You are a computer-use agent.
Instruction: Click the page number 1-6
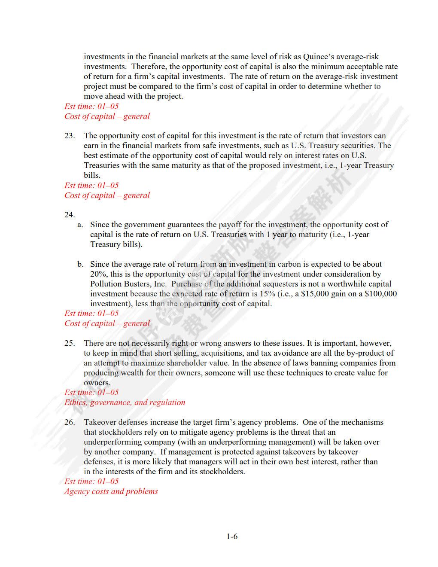[232, 536]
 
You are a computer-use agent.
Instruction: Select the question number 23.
[70, 136]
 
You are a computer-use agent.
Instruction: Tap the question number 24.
[70, 215]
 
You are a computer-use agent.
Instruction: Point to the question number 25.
[70, 343]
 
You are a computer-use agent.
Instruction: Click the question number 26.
[70, 422]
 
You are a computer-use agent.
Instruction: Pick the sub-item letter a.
[80, 225]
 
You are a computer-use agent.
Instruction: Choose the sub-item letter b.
[80, 264]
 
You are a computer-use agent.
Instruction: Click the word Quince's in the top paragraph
[319, 57]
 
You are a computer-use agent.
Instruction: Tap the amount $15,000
[316, 294]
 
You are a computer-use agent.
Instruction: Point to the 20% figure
[99, 274]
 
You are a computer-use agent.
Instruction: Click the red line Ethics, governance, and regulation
[125, 402]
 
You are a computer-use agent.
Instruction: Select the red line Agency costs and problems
[111, 491]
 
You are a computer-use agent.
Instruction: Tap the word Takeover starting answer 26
[100, 422]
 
